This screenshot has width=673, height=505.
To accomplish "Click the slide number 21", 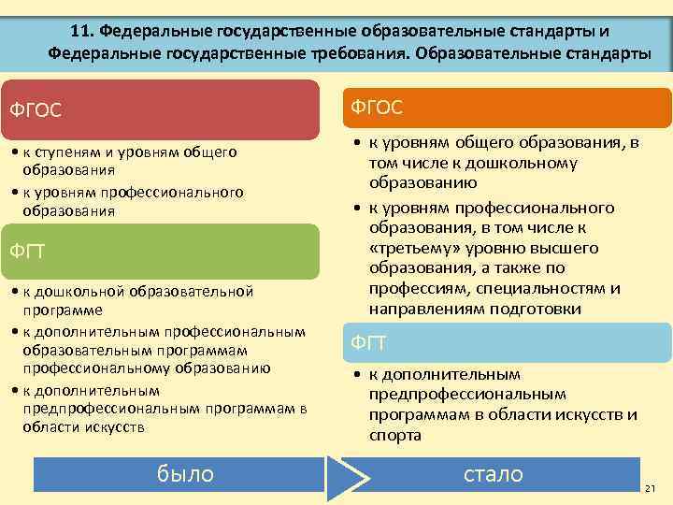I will (651, 491).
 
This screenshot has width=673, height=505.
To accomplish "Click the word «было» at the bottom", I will (186, 474).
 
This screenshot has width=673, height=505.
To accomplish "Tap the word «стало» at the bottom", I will (494, 474).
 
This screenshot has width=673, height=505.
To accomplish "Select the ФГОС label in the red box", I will (36, 110).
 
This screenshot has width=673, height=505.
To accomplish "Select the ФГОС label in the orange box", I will (377, 108).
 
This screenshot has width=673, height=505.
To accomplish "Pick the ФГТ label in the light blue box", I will (368, 343).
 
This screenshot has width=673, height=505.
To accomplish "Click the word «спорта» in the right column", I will (394, 435).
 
